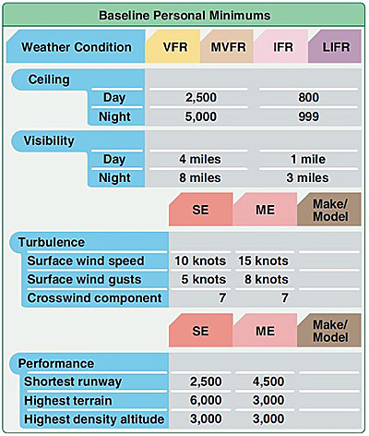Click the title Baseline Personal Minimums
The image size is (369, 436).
(184, 16)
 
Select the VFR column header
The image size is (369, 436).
(175, 47)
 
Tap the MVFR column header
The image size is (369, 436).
(229, 47)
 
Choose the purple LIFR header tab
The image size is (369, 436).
(336, 47)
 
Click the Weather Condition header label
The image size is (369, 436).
(77, 47)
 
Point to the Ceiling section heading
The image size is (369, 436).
(49, 79)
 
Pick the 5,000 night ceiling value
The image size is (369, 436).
(201, 116)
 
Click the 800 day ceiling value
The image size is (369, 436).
(308, 98)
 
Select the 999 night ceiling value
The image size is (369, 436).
(308, 116)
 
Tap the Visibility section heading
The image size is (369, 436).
(49, 140)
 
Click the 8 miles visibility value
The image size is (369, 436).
(200, 177)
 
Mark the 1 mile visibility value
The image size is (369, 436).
(308, 159)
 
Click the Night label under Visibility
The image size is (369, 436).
(114, 177)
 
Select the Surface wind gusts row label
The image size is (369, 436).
(84, 279)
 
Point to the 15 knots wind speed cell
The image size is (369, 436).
(264, 260)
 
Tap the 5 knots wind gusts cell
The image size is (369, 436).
(204, 279)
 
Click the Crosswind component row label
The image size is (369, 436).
(94, 297)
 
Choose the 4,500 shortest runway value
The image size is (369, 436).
(268, 381)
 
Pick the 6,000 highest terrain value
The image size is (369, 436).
(206, 400)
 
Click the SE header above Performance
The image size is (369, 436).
(200, 331)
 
